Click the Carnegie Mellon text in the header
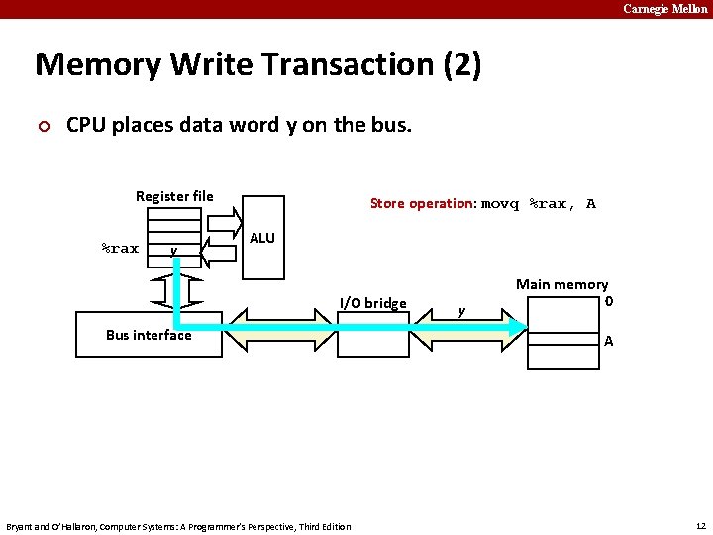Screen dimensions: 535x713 click(x=664, y=9)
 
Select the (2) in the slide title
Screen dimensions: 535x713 click(x=461, y=65)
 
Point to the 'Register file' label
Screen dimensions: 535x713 click(x=174, y=196)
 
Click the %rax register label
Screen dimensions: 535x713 click(x=121, y=248)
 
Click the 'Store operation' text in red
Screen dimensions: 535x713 click(x=423, y=203)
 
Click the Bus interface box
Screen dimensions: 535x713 click(x=149, y=336)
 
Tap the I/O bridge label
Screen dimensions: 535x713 click(x=372, y=302)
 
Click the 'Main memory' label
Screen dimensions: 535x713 click(x=561, y=284)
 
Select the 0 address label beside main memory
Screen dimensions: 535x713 click(x=609, y=300)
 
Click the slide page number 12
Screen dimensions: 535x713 click(x=699, y=524)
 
